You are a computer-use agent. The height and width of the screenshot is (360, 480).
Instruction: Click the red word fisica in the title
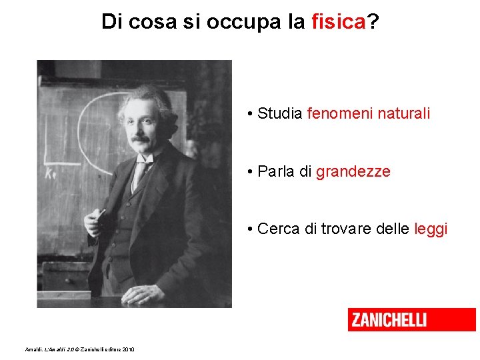(x=339, y=22)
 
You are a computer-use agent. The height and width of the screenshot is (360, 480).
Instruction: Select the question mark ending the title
(x=373, y=22)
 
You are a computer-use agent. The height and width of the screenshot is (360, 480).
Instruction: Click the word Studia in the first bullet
(x=280, y=113)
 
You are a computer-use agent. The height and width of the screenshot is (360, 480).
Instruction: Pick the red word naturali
(x=404, y=113)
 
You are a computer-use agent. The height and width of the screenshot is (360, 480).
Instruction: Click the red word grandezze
(x=353, y=171)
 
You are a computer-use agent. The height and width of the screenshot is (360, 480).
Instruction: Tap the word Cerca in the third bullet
(x=279, y=229)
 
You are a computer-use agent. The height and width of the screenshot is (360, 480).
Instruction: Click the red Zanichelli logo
(x=411, y=319)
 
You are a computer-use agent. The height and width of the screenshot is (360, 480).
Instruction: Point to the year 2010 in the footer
(x=128, y=349)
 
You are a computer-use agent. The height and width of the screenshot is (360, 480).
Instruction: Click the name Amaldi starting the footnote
(x=33, y=349)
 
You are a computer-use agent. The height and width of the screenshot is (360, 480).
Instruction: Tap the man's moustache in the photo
(x=141, y=140)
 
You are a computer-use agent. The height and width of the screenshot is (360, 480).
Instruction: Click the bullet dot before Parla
(x=248, y=172)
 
